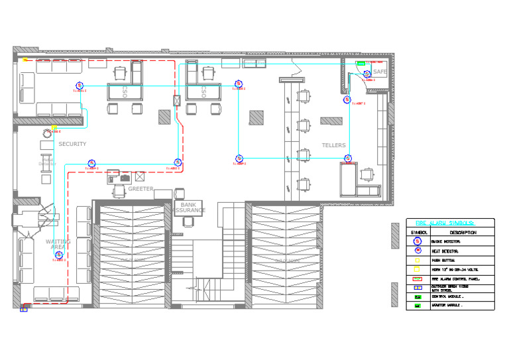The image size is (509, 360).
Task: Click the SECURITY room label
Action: coord(72,144)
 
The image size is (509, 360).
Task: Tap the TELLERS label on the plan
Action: coord(334,145)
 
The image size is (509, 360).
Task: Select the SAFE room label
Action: coord(380,72)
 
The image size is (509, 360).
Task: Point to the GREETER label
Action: coord(141,189)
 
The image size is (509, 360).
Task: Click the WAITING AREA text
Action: coord(58,245)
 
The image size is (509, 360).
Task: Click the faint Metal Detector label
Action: coord(47,160)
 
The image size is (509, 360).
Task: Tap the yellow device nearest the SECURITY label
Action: coord(54,127)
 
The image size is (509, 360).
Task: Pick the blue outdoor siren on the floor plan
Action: coord(24,308)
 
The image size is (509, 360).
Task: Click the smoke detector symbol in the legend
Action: coord(418,242)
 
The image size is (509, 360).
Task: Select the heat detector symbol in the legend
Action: coord(418,251)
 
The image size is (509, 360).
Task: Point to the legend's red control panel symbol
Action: coord(418,278)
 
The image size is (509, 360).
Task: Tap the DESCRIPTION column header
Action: coord(463,233)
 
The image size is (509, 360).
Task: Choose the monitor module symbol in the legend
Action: coord(418,306)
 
